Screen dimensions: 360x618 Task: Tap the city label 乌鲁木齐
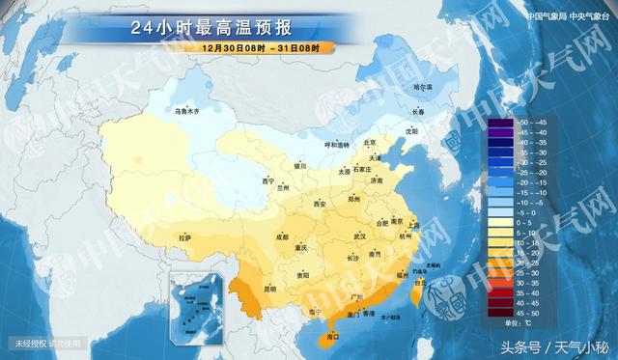(x=186, y=112)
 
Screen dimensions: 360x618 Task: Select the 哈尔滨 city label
(x=423, y=88)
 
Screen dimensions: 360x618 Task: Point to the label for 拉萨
(x=184, y=236)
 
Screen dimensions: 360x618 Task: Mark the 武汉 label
(x=360, y=235)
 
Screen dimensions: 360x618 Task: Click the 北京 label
(x=367, y=141)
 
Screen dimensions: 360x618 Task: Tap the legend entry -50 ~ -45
(x=527, y=124)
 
